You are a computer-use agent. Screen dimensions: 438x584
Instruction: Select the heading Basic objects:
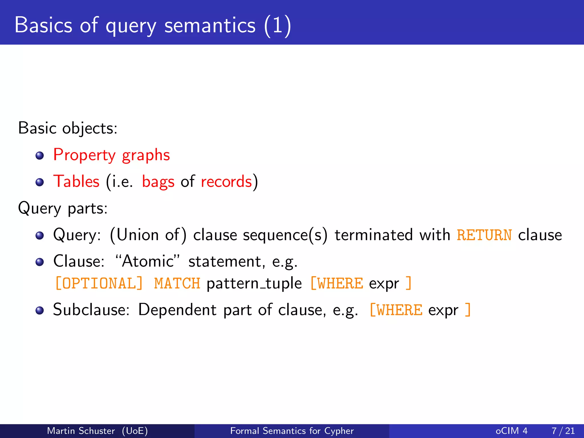68,128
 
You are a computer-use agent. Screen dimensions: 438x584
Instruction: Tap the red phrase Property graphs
111,155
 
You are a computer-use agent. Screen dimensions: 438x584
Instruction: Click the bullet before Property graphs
40,156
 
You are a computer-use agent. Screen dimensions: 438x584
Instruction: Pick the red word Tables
76,182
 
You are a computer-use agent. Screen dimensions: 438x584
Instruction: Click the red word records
226,182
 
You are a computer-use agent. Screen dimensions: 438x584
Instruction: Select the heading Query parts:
63,208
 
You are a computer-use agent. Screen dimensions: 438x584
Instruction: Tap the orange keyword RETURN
484,235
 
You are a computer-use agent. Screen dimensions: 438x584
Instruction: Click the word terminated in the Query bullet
374,235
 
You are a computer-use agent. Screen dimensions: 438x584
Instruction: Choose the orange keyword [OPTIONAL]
99,283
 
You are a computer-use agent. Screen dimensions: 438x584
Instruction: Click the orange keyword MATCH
177,283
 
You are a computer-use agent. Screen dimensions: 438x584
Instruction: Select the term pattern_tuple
254,283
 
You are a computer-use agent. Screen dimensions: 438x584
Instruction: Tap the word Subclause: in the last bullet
91,310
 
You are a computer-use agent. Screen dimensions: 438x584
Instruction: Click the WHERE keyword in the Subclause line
399,310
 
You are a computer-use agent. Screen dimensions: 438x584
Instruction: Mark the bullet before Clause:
40,262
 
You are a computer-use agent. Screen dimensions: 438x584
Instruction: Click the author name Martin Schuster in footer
81,431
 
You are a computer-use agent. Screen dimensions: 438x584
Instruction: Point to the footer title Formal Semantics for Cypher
292,431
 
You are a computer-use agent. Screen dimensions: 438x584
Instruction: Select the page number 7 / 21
563,431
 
